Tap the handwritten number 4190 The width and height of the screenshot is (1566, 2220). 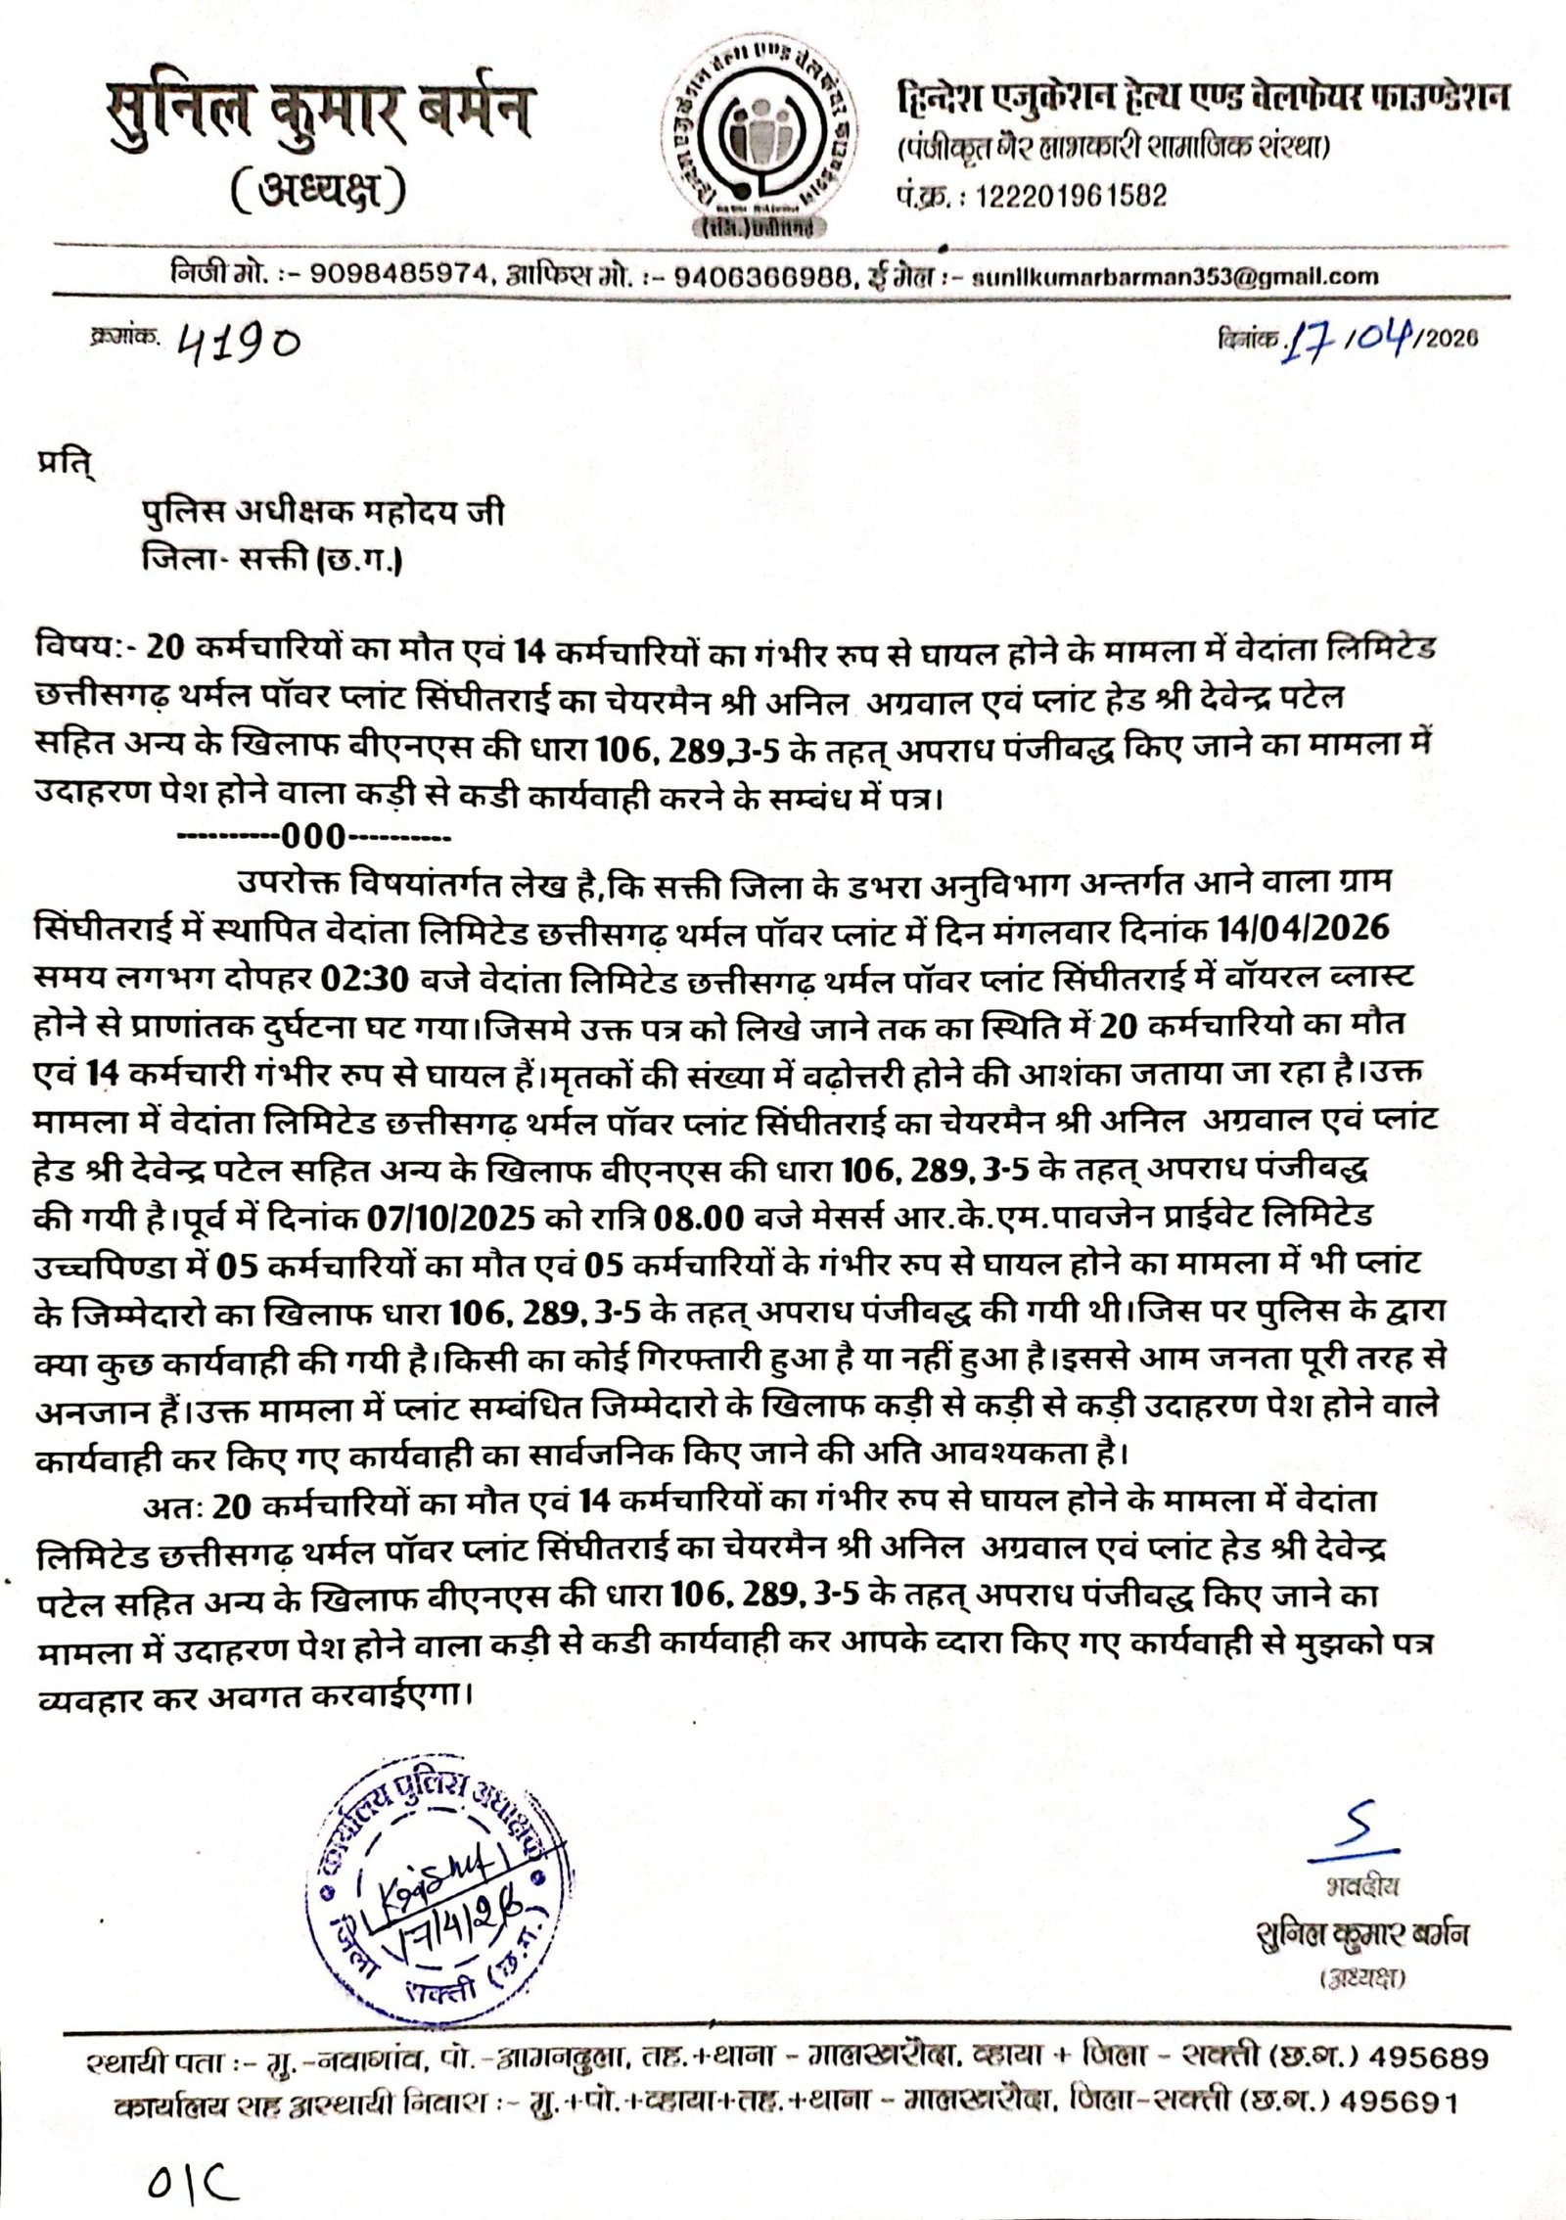pos(237,343)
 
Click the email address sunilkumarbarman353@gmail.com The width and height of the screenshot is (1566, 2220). pos(1174,277)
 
